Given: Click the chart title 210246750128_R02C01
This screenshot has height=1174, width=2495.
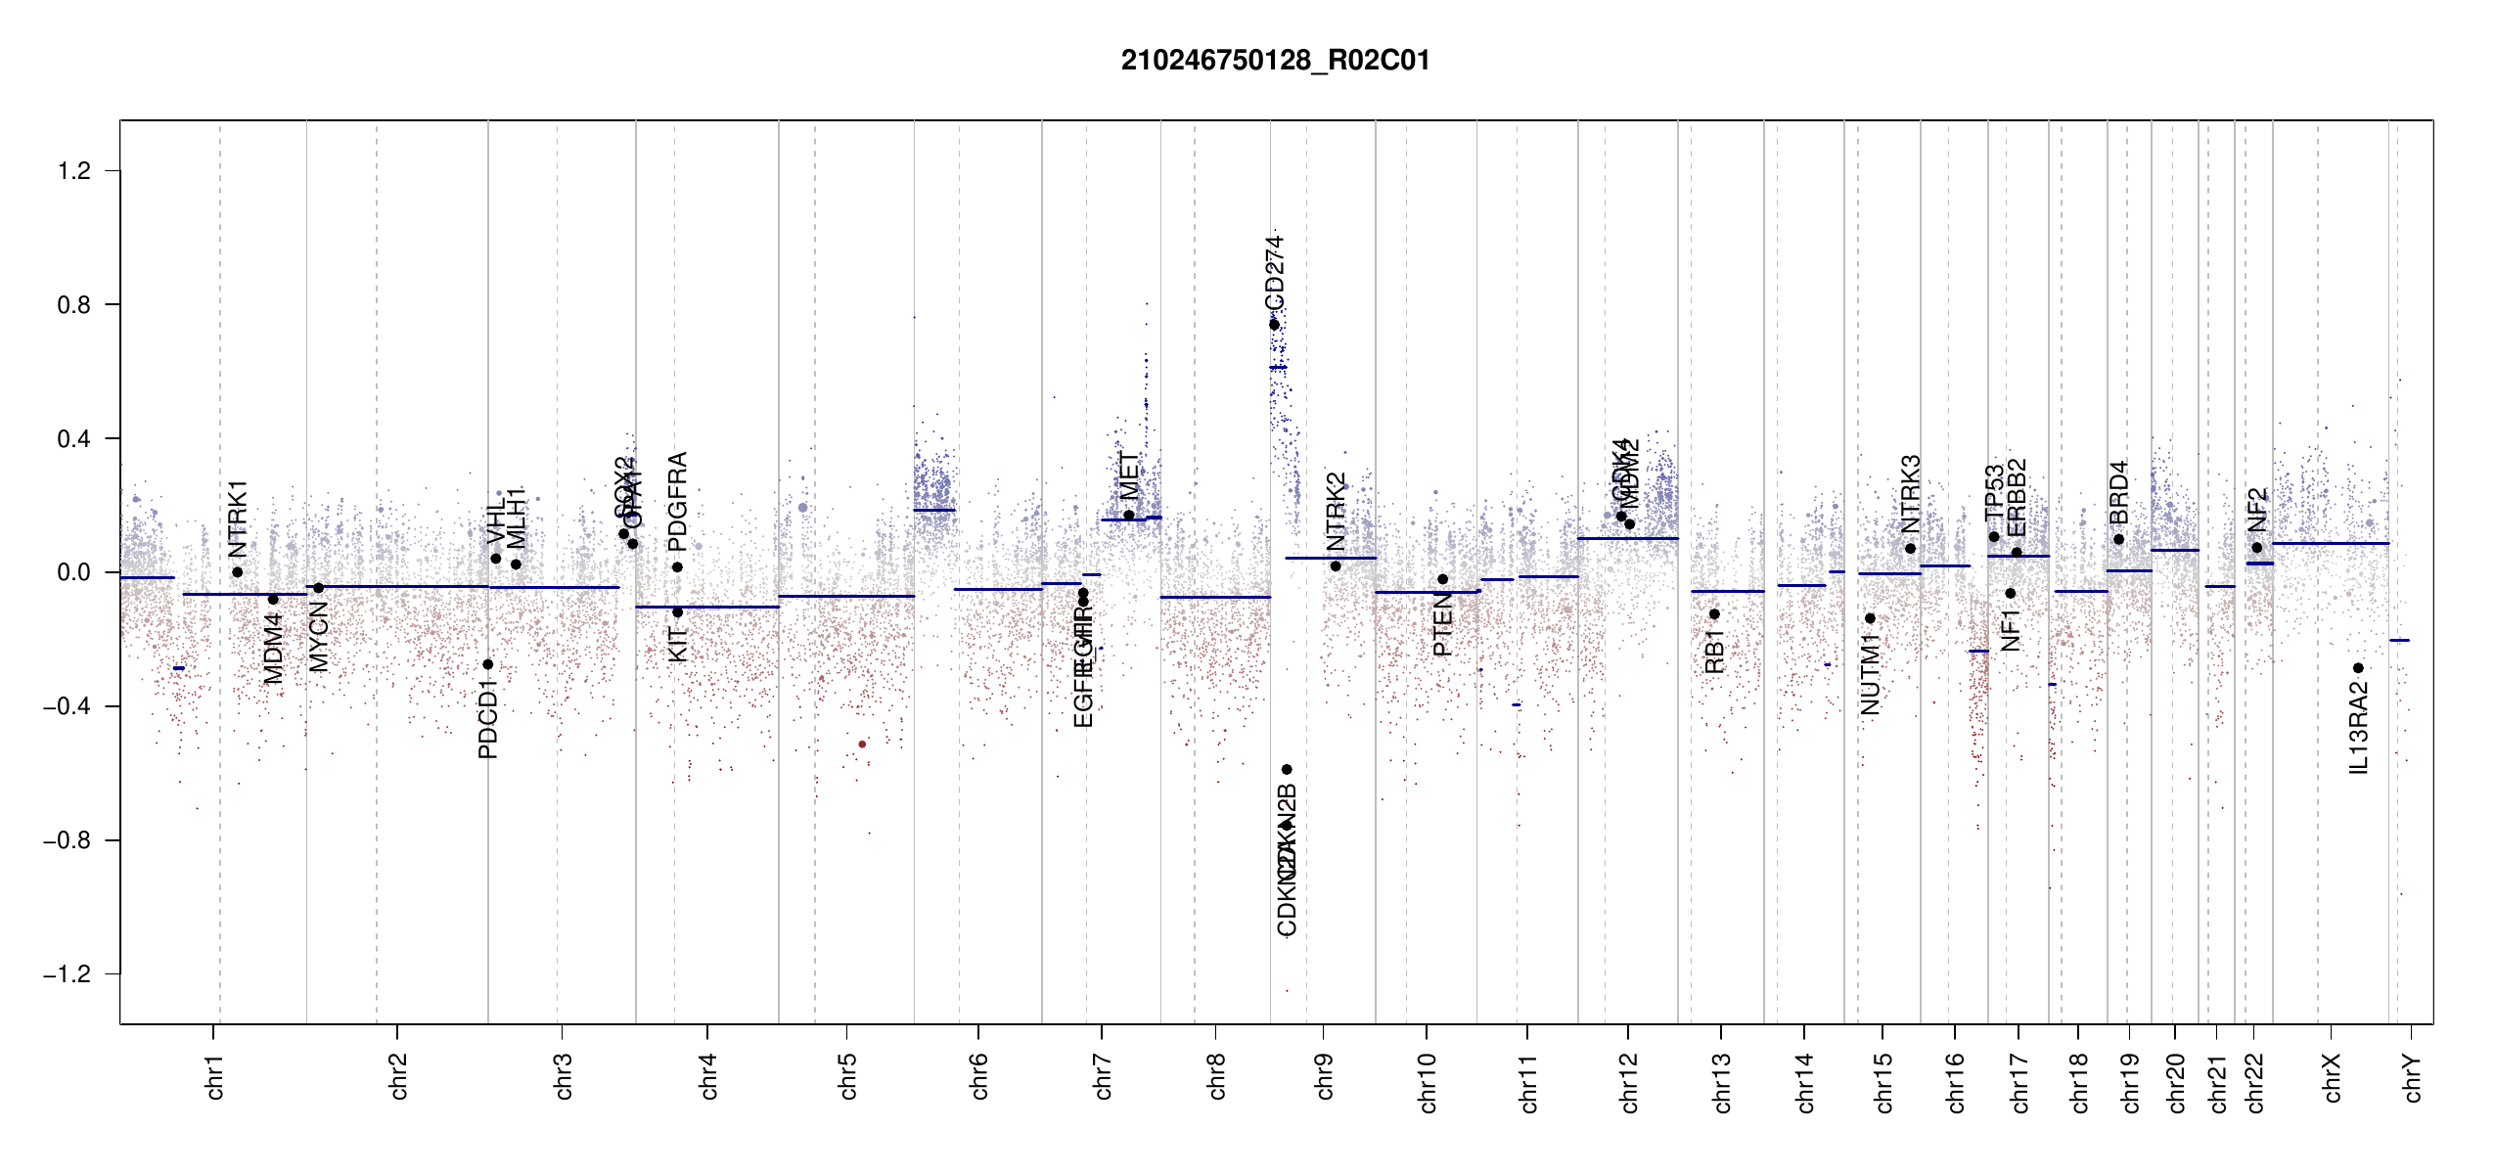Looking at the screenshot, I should [1275, 61].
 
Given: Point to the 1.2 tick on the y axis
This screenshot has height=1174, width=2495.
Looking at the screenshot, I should [74, 171].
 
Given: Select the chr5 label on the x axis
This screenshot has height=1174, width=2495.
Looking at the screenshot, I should [847, 1076].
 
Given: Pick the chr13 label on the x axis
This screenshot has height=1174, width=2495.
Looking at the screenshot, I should [1722, 1082].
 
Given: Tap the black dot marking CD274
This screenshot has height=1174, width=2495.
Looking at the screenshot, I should [1274, 325].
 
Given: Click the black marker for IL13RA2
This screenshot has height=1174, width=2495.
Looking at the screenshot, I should [2358, 668].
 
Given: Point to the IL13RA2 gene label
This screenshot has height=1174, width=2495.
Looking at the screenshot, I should [2359, 728].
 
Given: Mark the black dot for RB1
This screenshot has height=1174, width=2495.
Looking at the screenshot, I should [1714, 614].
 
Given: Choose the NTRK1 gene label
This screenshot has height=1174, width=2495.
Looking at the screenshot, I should [238, 519].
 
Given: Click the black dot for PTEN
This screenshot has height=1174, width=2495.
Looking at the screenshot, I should [1442, 579].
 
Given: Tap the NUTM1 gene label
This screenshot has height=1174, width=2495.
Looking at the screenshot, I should [1870, 674].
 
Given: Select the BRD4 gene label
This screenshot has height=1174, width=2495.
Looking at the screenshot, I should [2118, 492].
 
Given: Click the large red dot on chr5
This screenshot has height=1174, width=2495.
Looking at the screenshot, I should [862, 745].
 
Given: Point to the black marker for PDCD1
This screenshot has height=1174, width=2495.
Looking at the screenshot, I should [488, 664].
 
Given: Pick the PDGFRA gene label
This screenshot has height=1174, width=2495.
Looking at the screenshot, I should [677, 502].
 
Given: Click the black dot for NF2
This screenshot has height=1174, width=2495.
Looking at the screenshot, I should [2257, 548].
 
